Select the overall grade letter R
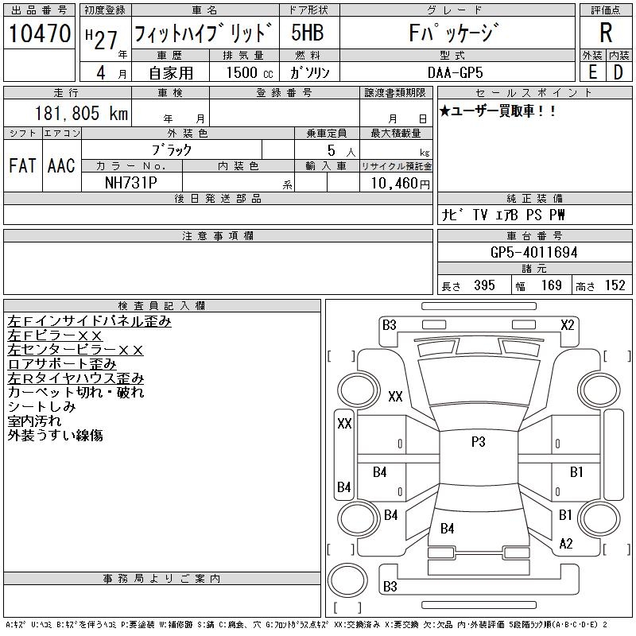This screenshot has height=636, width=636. pyautogui.click(x=606, y=33)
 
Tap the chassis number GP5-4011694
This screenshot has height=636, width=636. pyautogui.click(x=533, y=253)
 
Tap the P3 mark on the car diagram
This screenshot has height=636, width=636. pyautogui.click(x=478, y=443)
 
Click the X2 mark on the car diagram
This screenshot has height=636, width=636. pyautogui.click(x=567, y=324)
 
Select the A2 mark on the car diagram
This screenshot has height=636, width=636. pyautogui.click(x=566, y=544)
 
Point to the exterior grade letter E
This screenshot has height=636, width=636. pyautogui.click(x=592, y=72)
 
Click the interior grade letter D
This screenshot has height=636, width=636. pyautogui.click(x=618, y=72)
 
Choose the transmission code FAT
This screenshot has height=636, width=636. pyautogui.click(x=21, y=165)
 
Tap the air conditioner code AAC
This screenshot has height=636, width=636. pyautogui.click(x=61, y=165)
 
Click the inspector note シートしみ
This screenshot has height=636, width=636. pyautogui.click(x=41, y=407)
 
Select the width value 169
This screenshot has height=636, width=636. pyautogui.click(x=552, y=285)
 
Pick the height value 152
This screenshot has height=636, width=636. pyautogui.click(x=615, y=285)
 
